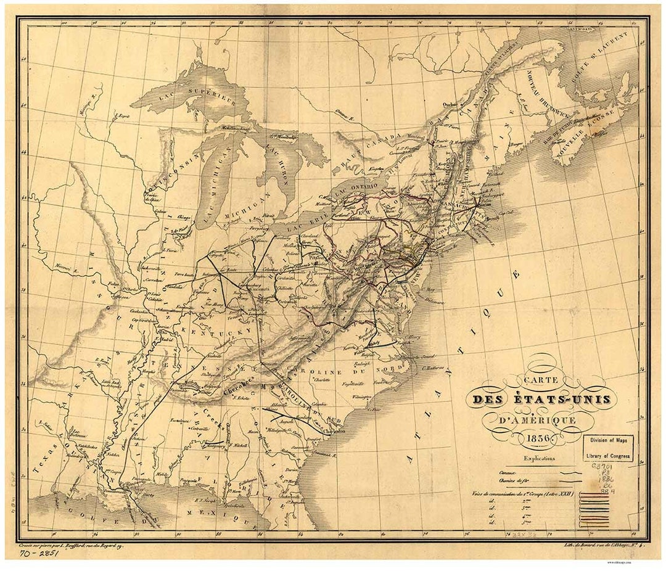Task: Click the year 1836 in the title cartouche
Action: [538, 440]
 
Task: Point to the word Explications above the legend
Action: [539, 458]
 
